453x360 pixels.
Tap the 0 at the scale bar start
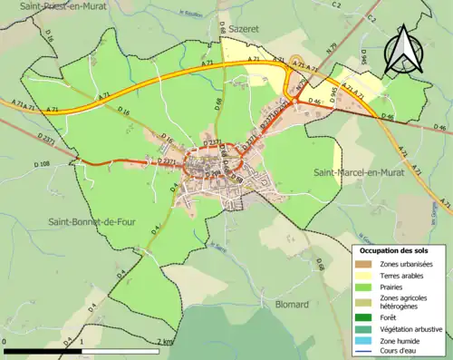click(x=5, y=341)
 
